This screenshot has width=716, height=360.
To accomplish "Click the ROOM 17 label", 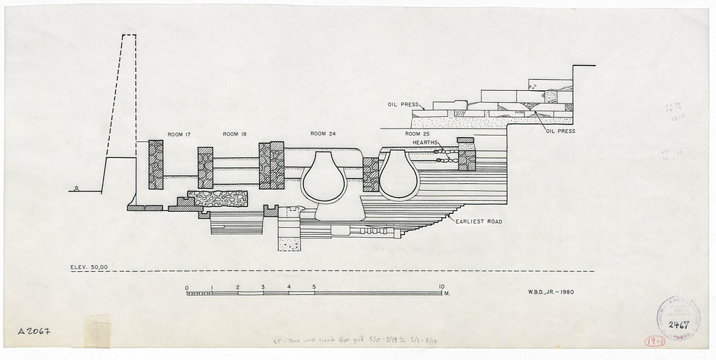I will pos(179,134).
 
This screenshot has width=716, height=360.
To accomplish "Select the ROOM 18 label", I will pos(234,134).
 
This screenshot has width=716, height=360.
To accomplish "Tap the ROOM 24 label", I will pos(323,134).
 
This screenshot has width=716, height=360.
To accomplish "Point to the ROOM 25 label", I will pos(417,134).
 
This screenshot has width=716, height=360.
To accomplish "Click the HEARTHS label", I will pos(426,142).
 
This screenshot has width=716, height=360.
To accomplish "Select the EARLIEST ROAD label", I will pos(478,222).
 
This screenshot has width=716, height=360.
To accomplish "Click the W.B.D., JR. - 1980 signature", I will pos(552,291).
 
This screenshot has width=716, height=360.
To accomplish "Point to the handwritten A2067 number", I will pos(33,331).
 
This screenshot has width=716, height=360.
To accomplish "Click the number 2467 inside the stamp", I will pos(678,325).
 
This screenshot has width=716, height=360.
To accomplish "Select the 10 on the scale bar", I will pos(442,287).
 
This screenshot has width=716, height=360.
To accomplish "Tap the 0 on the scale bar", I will pos(187,287).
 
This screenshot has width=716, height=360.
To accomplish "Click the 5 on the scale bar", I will pos(314,287).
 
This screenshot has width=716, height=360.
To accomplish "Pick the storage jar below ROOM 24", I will pos(323,177).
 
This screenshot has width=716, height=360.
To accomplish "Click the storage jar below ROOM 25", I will pos(399,175).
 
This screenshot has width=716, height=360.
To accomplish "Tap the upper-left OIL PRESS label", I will pos(403,105).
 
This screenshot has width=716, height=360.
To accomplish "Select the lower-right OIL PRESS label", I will pos(560,131).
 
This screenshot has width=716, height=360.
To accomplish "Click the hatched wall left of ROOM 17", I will pos(156,164).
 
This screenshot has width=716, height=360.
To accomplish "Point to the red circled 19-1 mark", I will pos(654,341).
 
